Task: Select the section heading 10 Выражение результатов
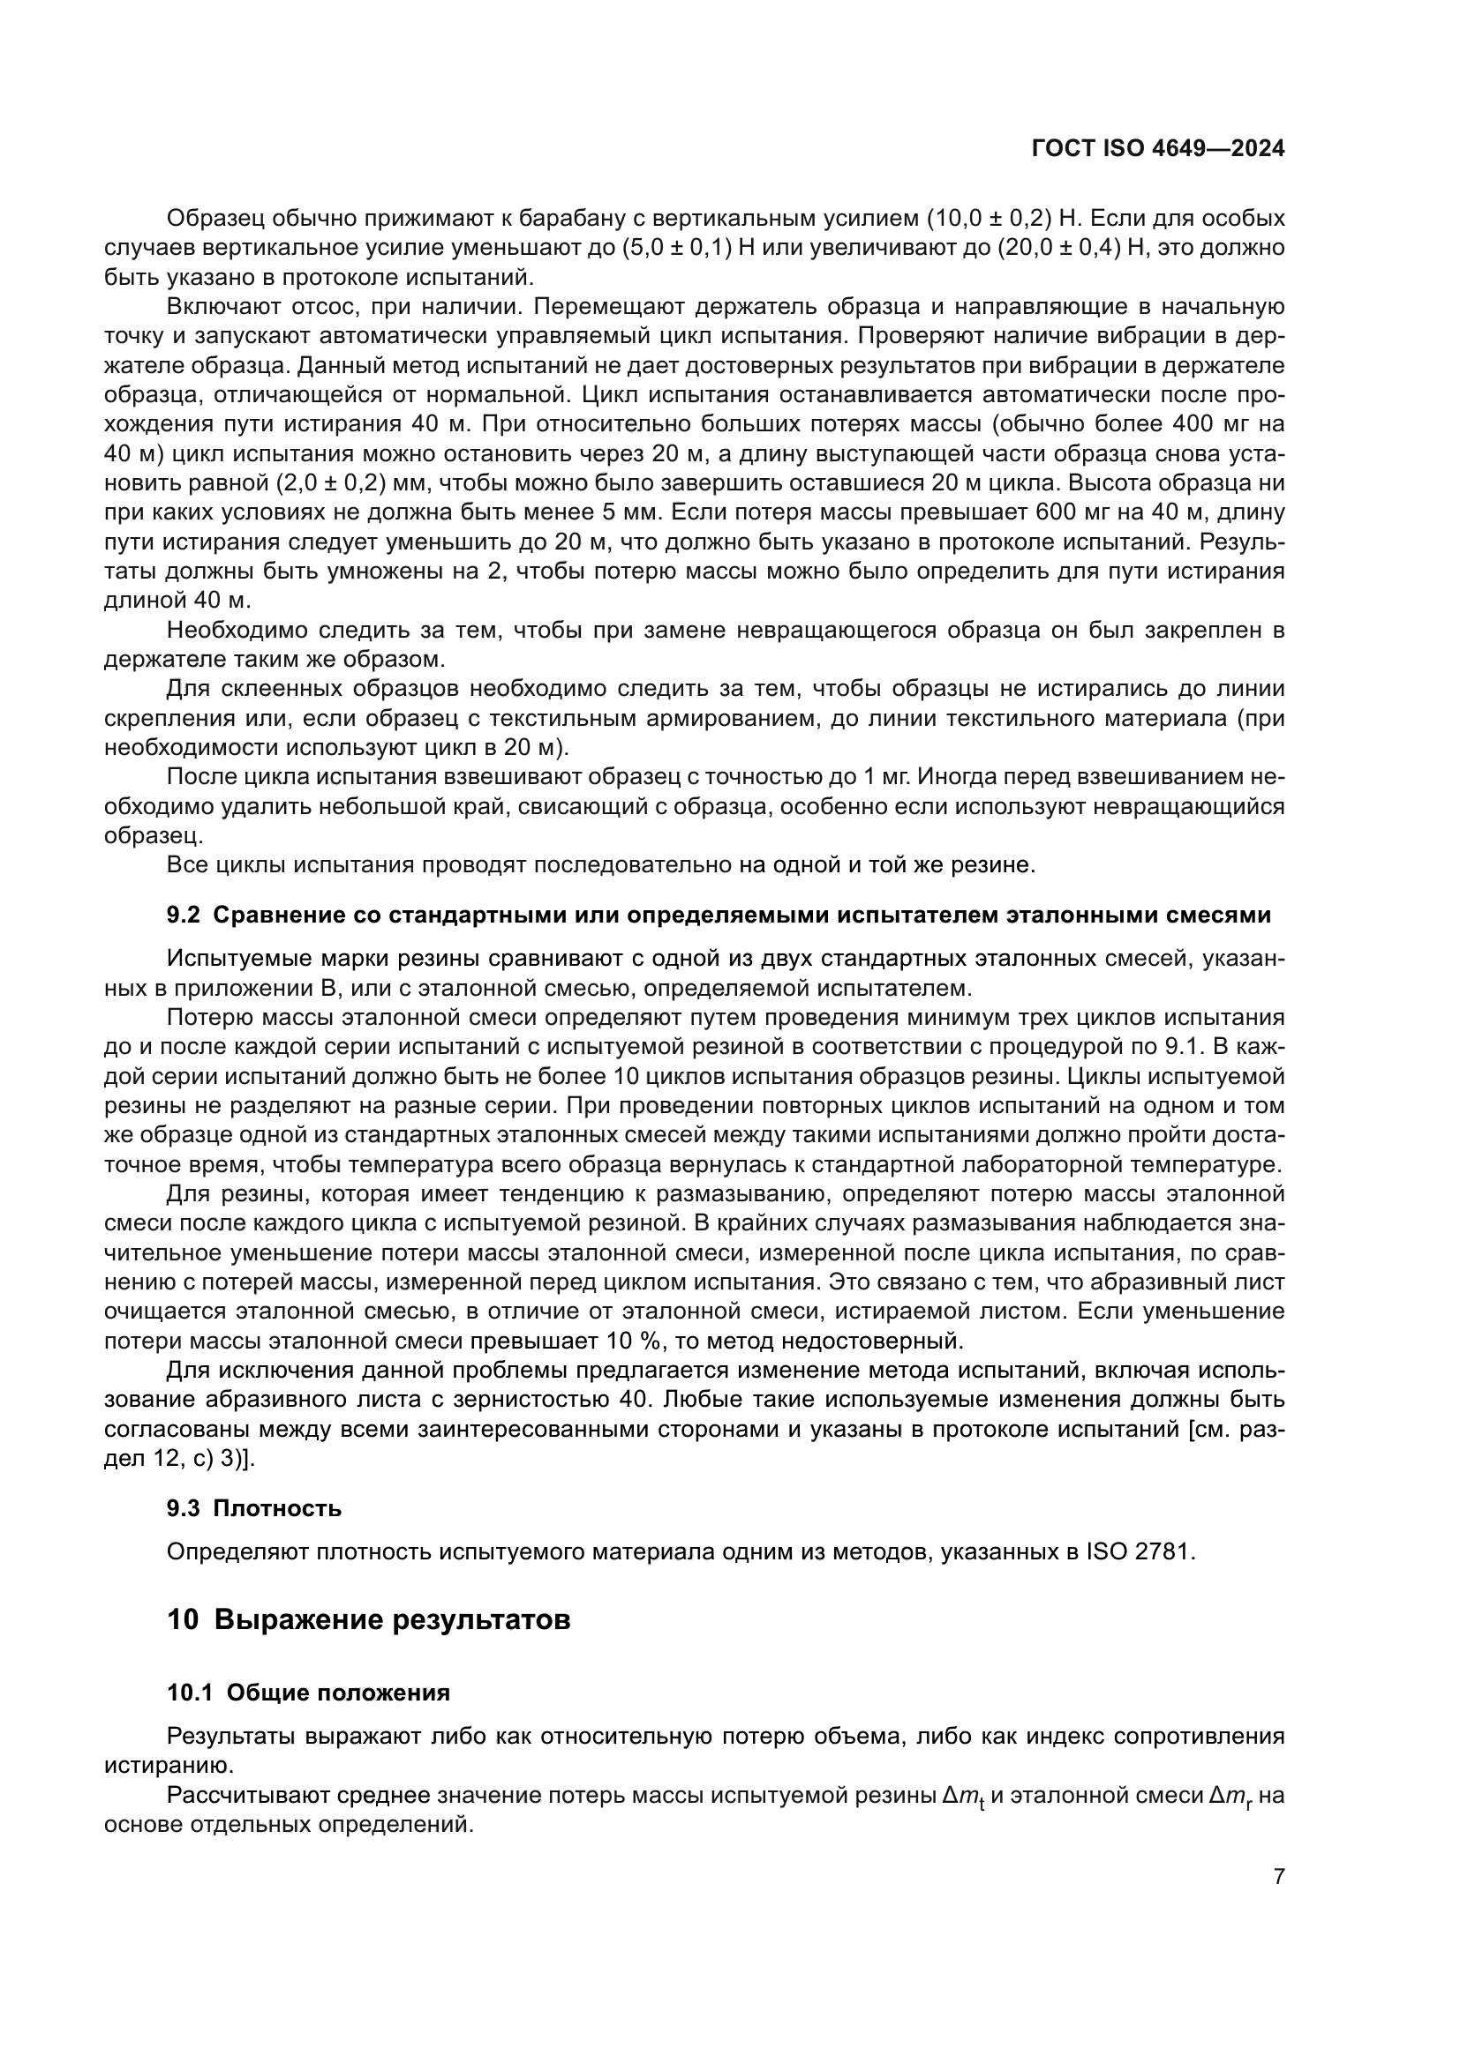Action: [x=369, y=1620]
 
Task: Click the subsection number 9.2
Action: [x=185, y=916]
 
